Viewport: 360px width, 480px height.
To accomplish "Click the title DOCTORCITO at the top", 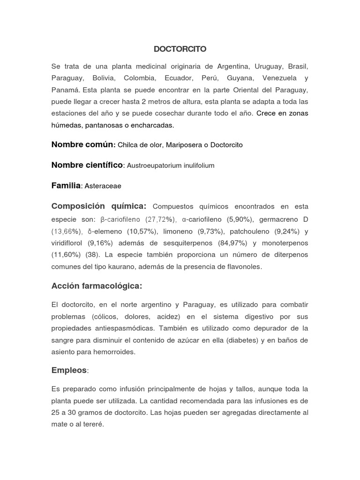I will click(x=180, y=49).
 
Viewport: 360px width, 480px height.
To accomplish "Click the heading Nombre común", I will click(x=83, y=145).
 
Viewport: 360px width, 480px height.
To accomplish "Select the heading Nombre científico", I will click(x=87, y=165).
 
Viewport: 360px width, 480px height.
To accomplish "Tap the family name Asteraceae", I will click(x=103, y=186).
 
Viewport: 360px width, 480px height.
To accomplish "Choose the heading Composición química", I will click(x=98, y=206).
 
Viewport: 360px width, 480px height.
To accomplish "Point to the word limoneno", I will click(x=191, y=231).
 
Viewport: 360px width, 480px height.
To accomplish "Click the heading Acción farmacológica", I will click(x=97, y=285).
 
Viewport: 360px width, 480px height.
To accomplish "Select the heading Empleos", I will click(x=69, y=370).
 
